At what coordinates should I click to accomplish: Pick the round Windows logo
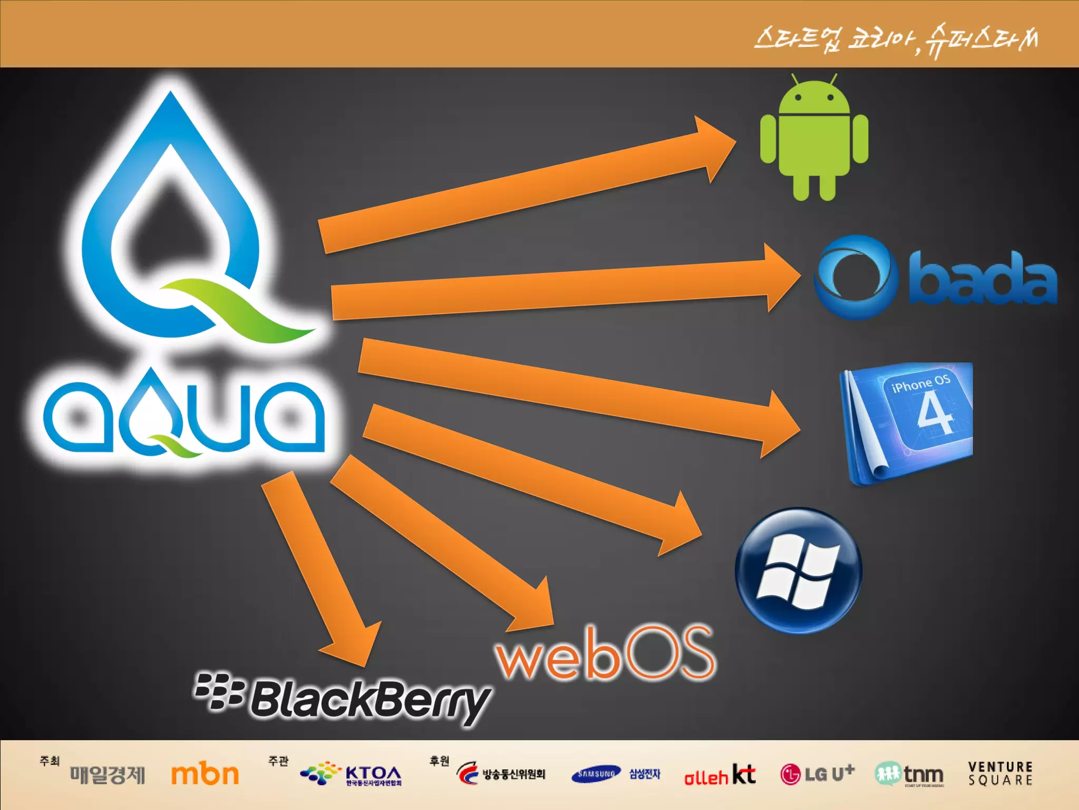798,571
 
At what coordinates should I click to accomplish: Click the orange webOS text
605,654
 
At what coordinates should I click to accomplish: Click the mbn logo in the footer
205,774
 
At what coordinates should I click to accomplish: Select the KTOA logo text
373,773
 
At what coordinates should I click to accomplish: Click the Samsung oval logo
596,774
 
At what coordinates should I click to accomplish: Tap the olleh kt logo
719,775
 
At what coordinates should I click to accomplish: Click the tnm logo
909,774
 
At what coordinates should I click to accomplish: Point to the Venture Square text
1000,773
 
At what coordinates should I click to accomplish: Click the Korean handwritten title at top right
896,40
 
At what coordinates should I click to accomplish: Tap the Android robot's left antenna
796,80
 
